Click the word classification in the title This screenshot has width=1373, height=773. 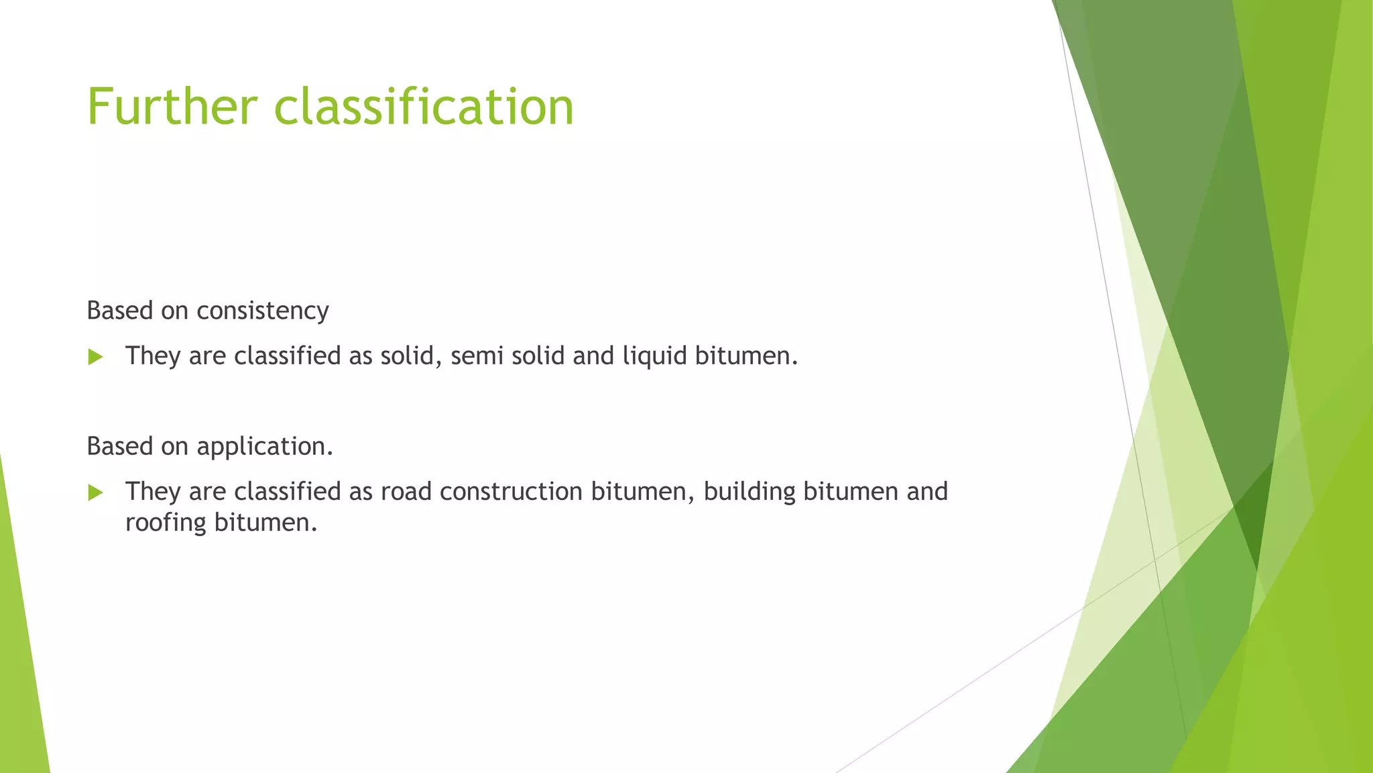(424, 107)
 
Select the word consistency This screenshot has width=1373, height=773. (262, 311)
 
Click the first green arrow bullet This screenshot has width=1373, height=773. (95, 357)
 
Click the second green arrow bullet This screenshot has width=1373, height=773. (95, 493)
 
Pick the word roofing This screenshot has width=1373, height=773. (166, 523)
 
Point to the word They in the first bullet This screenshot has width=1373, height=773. (153, 356)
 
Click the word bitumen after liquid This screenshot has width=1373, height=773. (745, 356)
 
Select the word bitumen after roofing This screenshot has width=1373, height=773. (265, 523)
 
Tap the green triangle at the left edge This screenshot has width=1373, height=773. (20, 658)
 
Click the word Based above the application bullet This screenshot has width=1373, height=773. (120, 446)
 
